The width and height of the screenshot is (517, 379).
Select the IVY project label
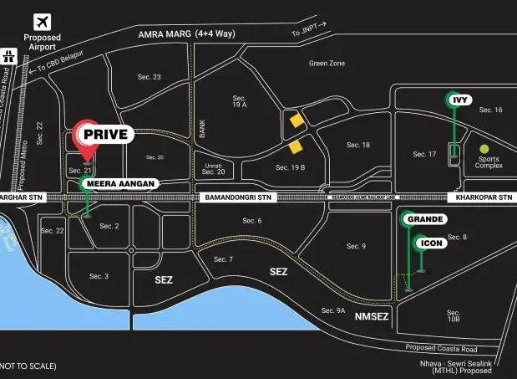coord(459,100)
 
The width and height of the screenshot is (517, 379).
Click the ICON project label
coord(432,243)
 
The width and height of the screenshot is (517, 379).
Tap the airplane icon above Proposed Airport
coord(42,23)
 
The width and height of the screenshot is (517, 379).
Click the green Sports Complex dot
coord(484,150)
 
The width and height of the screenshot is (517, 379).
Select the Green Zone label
coord(327,63)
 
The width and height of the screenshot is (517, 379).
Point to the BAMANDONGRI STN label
coord(237,197)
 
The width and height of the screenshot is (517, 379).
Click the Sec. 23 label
coord(150,77)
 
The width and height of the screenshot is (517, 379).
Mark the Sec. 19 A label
coord(240,102)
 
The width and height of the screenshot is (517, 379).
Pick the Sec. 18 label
coord(358,145)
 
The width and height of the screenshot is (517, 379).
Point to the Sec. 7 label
coord(223,259)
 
